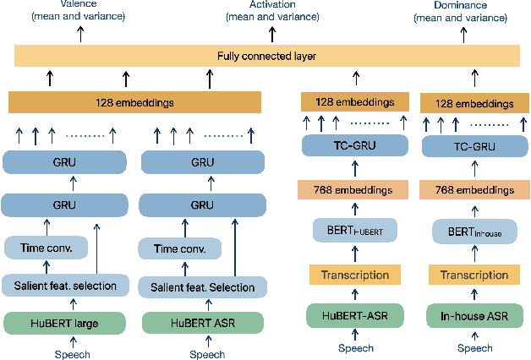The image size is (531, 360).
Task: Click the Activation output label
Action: tap(271, 10)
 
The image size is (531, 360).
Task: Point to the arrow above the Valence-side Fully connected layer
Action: tap(82, 34)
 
